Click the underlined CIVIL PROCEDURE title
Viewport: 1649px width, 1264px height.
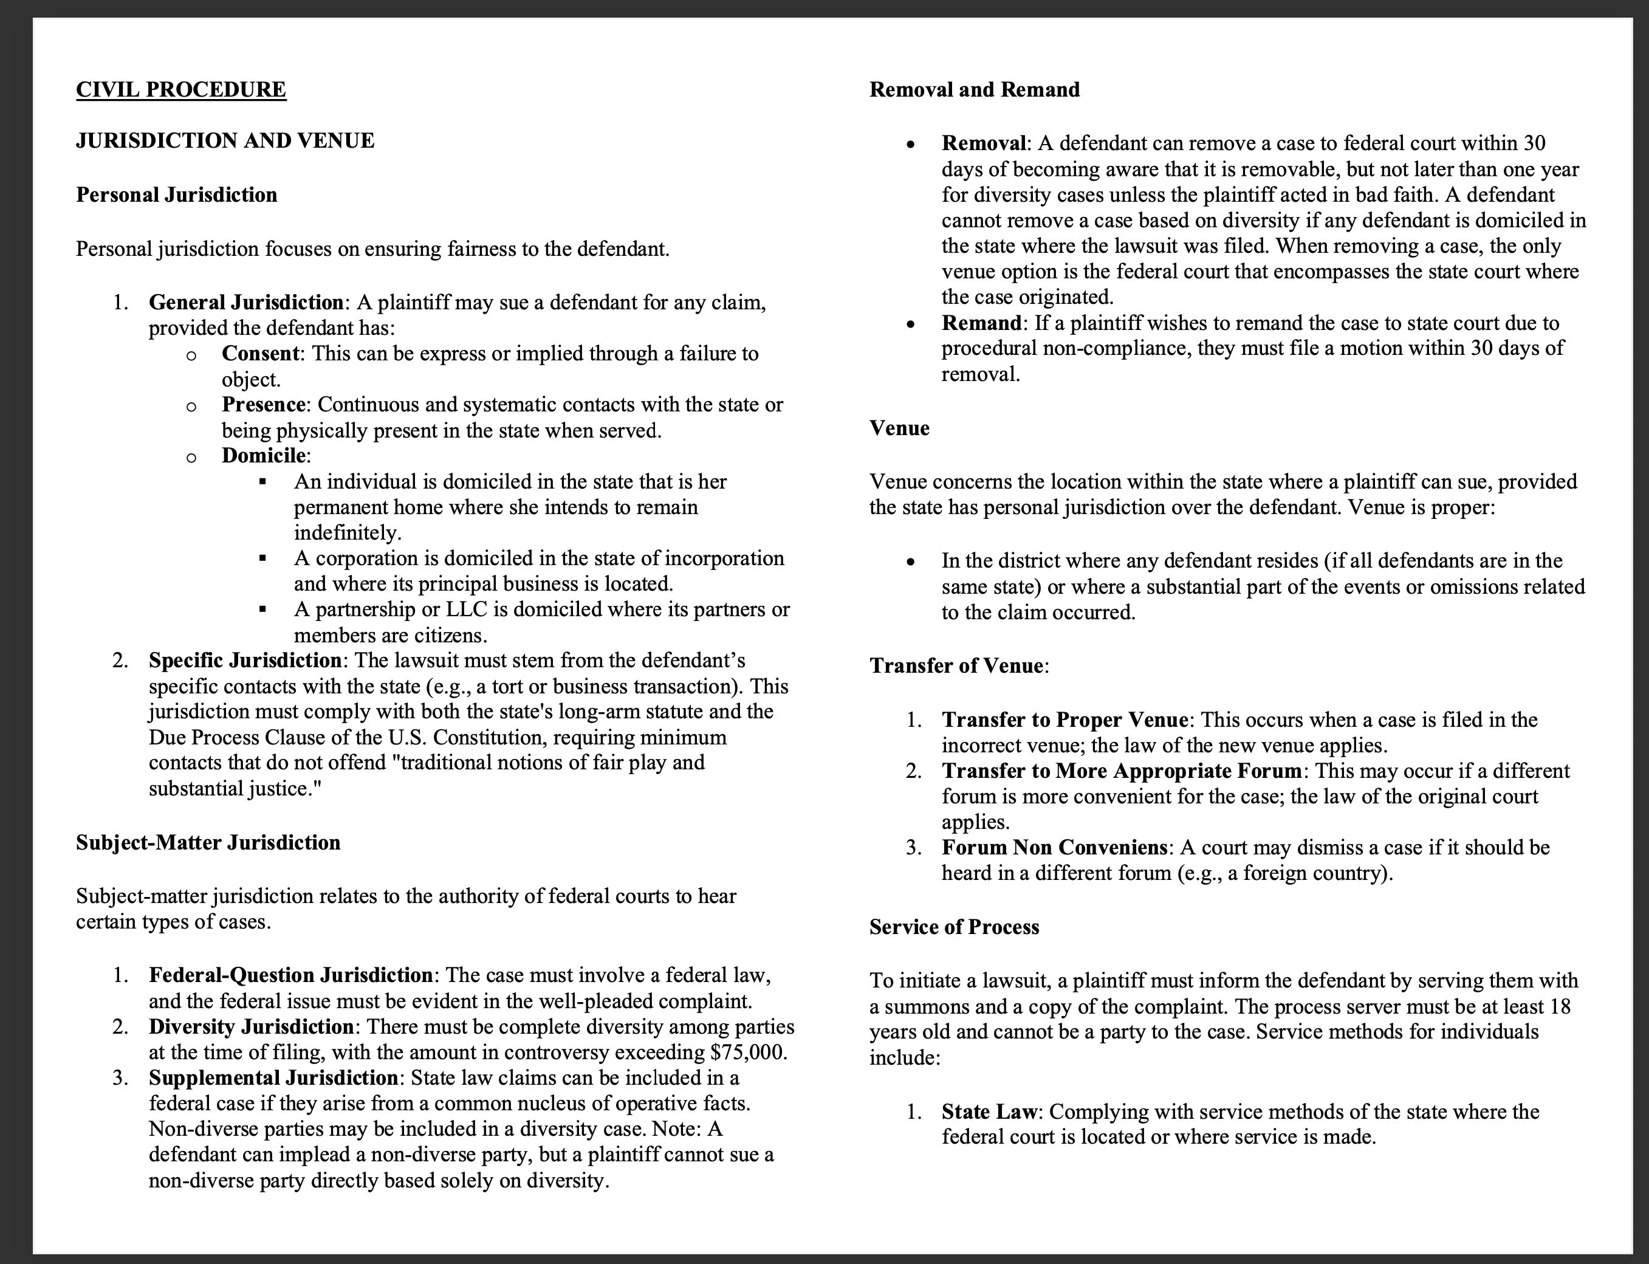(180, 89)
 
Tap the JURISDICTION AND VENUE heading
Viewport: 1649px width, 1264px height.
(225, 141)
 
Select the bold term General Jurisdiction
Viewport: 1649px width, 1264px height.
(246, 303)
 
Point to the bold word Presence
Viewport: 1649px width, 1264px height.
(263, 405)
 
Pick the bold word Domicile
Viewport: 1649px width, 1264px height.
(264, 456)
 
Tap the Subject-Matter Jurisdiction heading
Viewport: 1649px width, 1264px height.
(208, 843)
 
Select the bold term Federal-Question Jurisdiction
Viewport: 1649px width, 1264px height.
(290, 976)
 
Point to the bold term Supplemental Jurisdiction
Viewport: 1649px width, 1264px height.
(273, 1078)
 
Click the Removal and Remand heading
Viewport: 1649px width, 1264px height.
(974, 89)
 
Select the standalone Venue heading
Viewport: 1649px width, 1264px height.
(899, 428)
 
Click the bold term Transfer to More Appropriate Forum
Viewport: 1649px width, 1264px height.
(1122, 771)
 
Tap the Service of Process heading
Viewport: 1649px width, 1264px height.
(954, 927)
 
